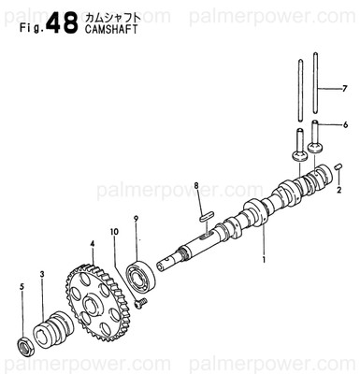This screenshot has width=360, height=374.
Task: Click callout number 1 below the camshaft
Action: pyautogui.click(x=265, y=257)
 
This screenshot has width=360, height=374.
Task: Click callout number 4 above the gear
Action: pyautogui.click(x=93, y=244)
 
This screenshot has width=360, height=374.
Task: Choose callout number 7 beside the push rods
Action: pyautogui.click(x=343, y=89)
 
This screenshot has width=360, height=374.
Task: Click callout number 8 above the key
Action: pyautogui.click(x=197, y=186)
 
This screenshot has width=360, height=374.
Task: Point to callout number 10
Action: pyautogui.click(x=114, y=231)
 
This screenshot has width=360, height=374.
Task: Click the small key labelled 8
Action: pyautogui.click(x=207, y=215)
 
